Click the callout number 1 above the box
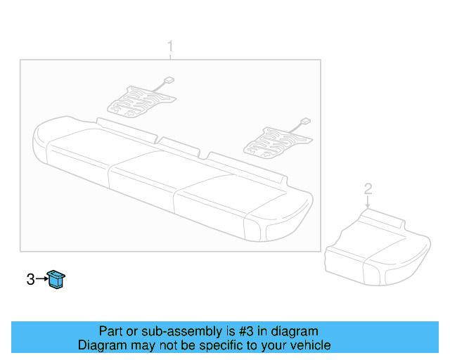[169, 47]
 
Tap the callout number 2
[367, 188]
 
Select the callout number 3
[30, 280]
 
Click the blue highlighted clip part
[56, 279]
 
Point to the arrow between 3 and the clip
[41, 280]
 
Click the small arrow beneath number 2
[367, 202]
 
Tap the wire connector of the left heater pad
[169, 79]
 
